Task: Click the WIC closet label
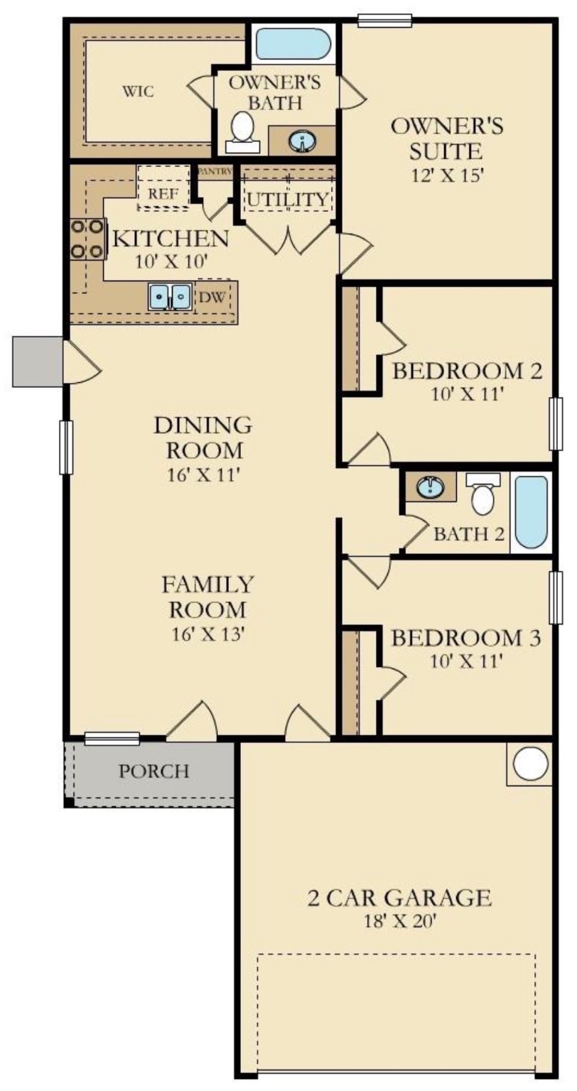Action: [x=139, y=92]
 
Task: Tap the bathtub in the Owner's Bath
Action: [x=293, y=44]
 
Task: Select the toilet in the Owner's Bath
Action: [x=243, y=131]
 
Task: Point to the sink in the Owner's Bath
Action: [x=303, y=141]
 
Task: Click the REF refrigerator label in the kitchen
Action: [x=162, y=192]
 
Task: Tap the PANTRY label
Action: [x=214, y=171]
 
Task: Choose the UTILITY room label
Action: [x=288, y=200]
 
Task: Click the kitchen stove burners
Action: [x=87, y=239]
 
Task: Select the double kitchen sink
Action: [x=170, y=296]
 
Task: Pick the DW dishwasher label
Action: [x=217, y=298]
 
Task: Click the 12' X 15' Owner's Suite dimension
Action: [x=447, y=175]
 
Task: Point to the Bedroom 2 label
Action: [x=468, y=371]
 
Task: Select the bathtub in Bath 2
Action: [x=532, y=511]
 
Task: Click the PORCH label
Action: [x=153, y=771]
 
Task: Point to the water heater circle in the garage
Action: [x=530, y=764]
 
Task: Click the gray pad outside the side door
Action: [x=38, y=361]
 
